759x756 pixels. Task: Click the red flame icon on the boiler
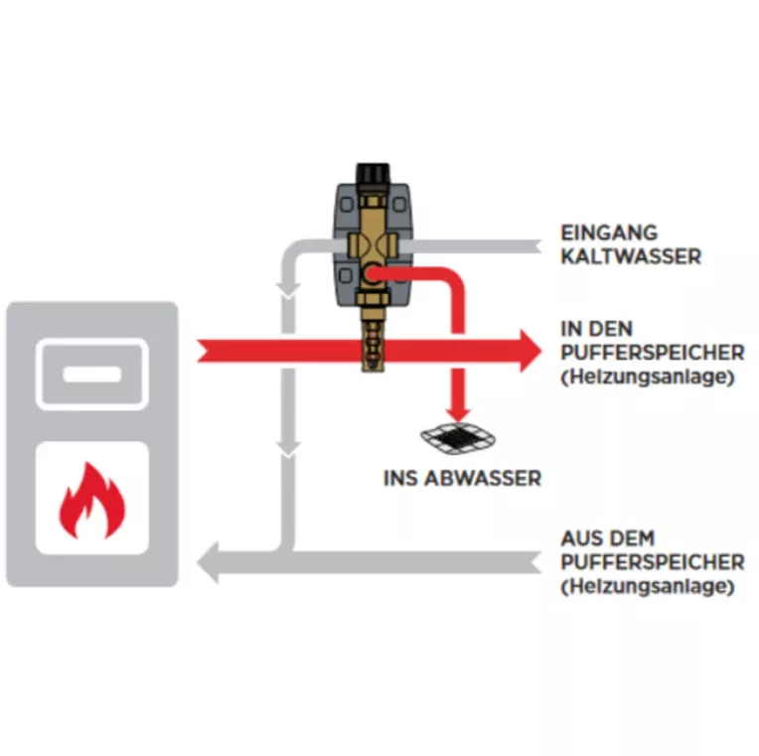coord(92,501)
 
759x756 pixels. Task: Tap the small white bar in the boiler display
coord(92,375)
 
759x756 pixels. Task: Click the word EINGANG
coord(609,232)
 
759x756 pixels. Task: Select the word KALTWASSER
coord(631,256)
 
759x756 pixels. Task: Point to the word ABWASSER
coord(484,478)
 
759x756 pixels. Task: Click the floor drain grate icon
coord(458,438)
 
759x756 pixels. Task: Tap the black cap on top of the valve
coord(373,173)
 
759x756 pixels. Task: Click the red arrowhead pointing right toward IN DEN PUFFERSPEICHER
coord(531,352)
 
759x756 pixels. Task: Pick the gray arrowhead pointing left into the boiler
coord(208,562)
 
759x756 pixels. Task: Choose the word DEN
coord(610,329)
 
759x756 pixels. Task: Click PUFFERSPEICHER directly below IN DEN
coord(653,353)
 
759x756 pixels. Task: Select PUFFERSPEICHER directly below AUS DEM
coord(653,562)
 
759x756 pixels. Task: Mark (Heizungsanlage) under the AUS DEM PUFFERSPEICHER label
coord(648,586)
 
